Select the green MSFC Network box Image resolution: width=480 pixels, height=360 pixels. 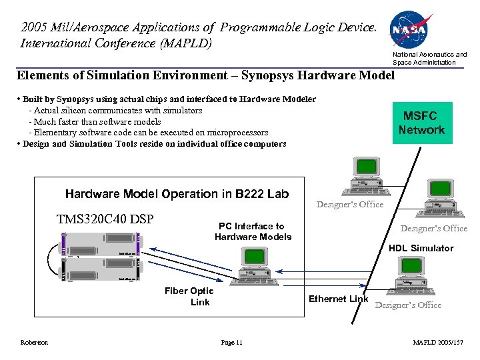point(421,123)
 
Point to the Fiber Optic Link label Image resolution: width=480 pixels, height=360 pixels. point(189,296)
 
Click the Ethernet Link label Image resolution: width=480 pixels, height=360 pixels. point(338,299)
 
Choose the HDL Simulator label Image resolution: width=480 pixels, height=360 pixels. point(421,248)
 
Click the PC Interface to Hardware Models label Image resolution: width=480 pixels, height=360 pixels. point(253,231)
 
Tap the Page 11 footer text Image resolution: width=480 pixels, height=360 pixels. point(231,343)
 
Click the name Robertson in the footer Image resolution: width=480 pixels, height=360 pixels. point(34,343)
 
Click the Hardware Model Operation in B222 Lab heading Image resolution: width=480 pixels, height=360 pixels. point(177,194)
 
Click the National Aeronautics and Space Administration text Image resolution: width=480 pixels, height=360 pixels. point(429,58)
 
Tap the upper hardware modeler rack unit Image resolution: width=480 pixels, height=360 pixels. point(101,243)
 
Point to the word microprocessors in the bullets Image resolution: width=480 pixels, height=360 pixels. point(238,133)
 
